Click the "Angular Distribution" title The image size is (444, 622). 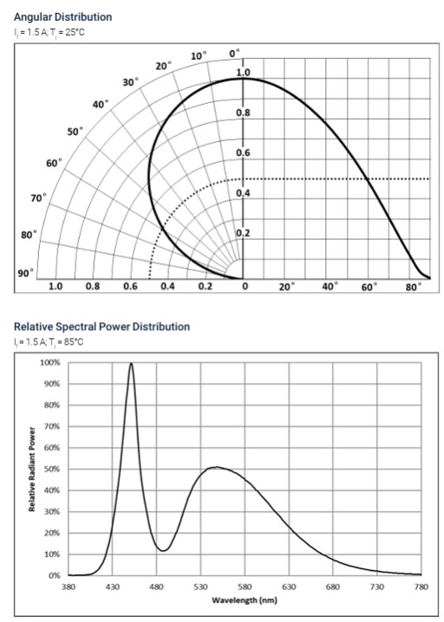(62, 16)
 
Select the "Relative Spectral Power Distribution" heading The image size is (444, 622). (101, 327)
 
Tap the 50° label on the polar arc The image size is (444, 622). (75, 132)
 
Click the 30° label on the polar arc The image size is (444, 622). (130, 82)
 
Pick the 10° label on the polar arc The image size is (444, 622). (199, 55)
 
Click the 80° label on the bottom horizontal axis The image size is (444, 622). (413, 286)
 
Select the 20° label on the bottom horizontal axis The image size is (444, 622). (286, 286)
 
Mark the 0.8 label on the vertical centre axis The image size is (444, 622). (244, 113)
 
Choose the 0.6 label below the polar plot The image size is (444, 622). (131, 286)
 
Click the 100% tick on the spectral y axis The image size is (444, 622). (50, 362)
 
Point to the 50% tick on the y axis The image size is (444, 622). (51, 469)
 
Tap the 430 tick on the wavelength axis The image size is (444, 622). (112, 586)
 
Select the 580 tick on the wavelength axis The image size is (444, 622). (245, 586)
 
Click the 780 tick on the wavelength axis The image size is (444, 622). (421, 586)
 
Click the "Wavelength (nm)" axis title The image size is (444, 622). (244, 599)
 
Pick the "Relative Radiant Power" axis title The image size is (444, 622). (33, 469)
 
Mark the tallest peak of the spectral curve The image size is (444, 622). (131, 364)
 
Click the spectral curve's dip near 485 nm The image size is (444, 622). (162, 550)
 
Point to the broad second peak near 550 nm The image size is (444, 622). (216, 468)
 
